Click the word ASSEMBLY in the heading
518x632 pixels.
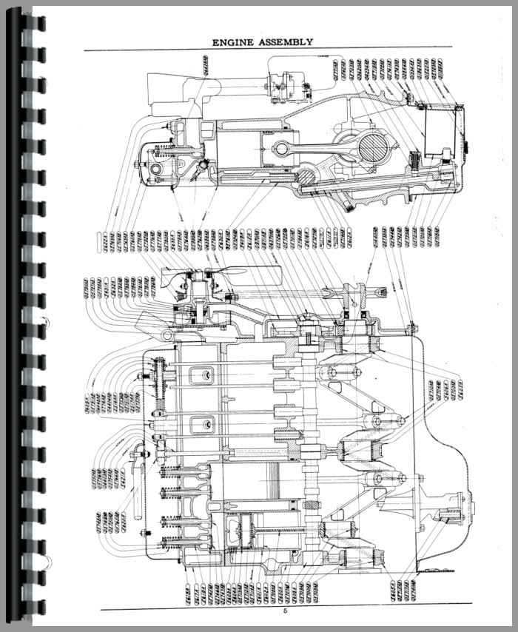(283, 43)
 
